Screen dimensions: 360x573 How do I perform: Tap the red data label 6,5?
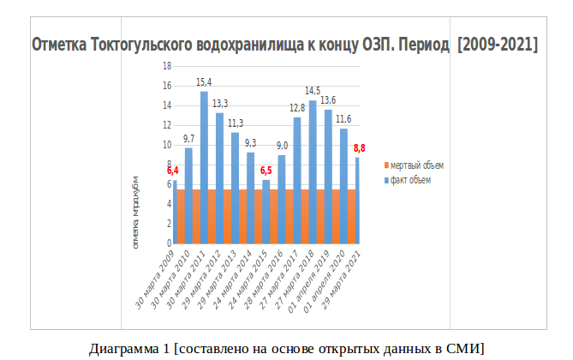pyautogui.click(x=266, y=171)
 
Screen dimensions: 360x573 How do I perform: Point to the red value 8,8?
pyautogui.click(x=361, y=149)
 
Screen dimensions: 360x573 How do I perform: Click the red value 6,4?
pyautogui.click(x=173, y=171)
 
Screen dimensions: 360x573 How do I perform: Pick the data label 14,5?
pyautogui.click(x=313, y=91)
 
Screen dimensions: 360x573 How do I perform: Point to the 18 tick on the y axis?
pyautogui.click(x=167, y=66)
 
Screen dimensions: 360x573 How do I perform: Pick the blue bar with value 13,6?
pyautogui.click(x=328, y=154)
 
